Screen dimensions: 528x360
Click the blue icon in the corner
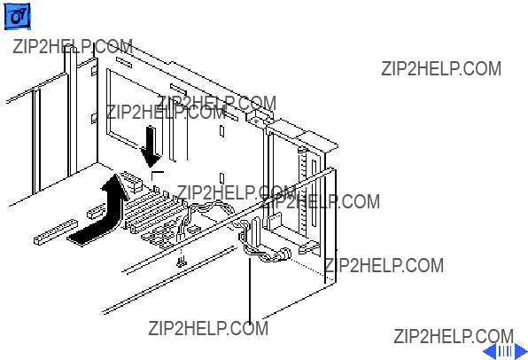pos(17,16)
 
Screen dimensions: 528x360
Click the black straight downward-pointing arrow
pos(151,146)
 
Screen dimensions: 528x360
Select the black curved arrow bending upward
pos(101,215)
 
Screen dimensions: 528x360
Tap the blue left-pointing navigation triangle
pos(490,351)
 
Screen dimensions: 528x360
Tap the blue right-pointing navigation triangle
pos(521,351)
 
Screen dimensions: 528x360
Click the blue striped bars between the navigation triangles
pos(506,351)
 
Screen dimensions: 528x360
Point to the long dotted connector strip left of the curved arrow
pos(56,232)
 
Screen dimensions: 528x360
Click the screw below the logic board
pos(182,262)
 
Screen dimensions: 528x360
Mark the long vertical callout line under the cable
pos(250,291)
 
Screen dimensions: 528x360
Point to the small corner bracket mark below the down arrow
pos(158,176)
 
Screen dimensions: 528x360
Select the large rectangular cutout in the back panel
pos(133,109)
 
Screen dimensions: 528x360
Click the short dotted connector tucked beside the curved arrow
pos(96,212)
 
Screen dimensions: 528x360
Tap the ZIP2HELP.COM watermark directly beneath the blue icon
pos(73,46)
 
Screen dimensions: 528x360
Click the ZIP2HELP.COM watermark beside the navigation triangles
pos(454,336)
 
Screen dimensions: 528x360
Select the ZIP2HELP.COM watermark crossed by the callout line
pos(208,328)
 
